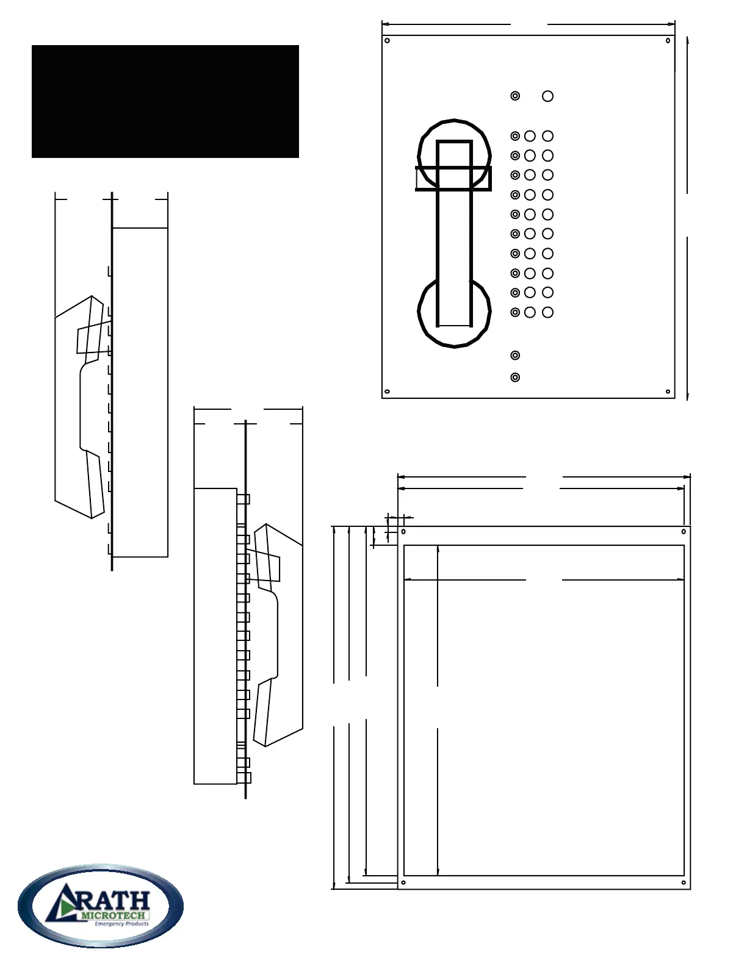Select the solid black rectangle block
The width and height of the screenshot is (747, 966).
[x=165, y=101]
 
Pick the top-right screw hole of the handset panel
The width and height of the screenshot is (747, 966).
[x=668, y=41]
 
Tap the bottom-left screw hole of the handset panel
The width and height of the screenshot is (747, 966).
[x=387, y=392]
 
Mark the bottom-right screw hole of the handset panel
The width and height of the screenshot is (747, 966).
[x=668, y=392]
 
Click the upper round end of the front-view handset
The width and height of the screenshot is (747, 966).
[x=454, y=152]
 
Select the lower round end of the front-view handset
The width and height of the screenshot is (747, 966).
[x=454, y=312]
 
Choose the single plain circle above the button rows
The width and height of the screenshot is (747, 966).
[x=548, y=96]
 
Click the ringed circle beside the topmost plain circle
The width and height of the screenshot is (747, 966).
[x=515, y=96]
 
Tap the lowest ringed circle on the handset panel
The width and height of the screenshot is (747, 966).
[x=515, y=377]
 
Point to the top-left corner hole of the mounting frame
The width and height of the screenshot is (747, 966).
[x=404, y=532]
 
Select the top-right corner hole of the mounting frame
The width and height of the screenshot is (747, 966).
[x=684, y=532]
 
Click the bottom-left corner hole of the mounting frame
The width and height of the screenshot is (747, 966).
[x=403, y=882]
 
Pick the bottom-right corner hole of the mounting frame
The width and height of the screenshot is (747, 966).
[x=684, y=882]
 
